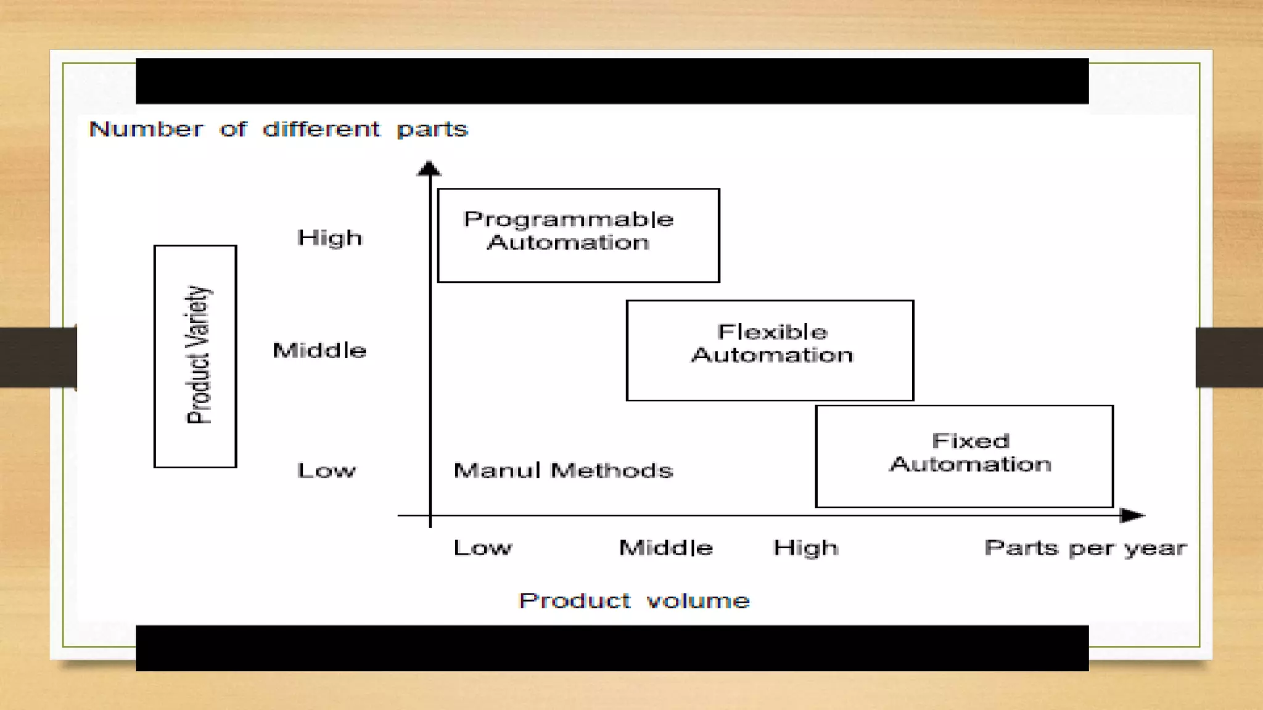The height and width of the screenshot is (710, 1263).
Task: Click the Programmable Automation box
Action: coord(578,235)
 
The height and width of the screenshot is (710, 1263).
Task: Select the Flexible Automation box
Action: coord(770,350)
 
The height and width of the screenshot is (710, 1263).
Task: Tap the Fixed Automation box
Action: coord(964,456)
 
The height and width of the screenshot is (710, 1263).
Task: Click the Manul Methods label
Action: coord(563,471)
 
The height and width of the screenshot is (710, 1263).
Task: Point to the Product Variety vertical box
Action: coord(195,356)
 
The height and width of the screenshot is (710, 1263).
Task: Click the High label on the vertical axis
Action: coord(329,238)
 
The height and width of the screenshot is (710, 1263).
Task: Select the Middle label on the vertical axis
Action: coord(319,351)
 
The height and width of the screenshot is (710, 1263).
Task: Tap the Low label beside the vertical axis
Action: coord(326,471)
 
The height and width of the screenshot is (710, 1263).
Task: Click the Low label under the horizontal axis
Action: coord(482,548)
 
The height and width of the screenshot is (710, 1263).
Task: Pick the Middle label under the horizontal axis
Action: coord(666,548)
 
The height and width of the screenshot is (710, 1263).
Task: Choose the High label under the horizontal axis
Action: coord(805,548)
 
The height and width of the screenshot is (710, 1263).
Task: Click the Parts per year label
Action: coord(1085,548)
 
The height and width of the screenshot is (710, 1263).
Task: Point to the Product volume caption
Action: coord(634,601)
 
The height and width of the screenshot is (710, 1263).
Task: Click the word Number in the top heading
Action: coord(146,129)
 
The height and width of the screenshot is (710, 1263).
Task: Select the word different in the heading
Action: coord(321,129)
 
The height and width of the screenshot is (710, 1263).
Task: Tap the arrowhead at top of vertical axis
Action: coord(429,169)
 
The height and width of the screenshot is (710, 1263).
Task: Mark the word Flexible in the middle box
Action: coord(772,332)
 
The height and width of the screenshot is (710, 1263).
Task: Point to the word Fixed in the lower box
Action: coord(971,441)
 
